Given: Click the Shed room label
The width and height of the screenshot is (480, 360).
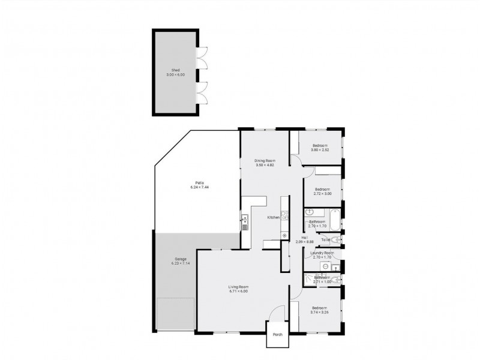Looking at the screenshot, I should (x=175, y=70).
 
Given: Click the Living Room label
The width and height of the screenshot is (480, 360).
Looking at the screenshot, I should (x=238, y=287).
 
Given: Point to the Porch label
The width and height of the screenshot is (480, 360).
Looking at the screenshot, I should (x=277, y=335).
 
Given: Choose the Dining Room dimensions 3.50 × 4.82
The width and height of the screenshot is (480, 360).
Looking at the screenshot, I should (x=264, y=164).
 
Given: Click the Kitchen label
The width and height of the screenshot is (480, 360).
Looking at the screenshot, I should (x=273, y=217).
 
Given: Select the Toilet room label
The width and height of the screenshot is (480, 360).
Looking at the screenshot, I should (x=326, y=239).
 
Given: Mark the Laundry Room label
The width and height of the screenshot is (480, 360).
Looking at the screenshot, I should (x=322, y=253).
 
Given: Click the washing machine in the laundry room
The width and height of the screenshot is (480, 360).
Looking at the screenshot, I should (x=325, y=265).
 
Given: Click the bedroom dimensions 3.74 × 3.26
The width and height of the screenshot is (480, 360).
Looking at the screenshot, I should (x=321, y=312).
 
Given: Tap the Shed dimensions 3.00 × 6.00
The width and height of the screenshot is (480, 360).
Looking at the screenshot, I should (x=175, y=74).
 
